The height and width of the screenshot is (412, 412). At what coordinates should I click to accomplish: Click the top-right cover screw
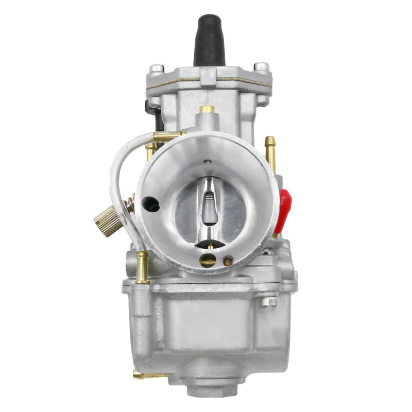pyautogui.click(x=262, y=67)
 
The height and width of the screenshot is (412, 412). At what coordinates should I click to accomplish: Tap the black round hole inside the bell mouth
pyautogui.click(x=151, y=204)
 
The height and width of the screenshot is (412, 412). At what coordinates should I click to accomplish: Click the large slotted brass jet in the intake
pyautogui.click(x=208, y=261)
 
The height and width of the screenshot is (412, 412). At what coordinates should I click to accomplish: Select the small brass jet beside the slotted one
pyautogui.click(x=228, y=262)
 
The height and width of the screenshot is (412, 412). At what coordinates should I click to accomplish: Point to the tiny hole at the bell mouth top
pyautogui.click(x=207, y=162)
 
